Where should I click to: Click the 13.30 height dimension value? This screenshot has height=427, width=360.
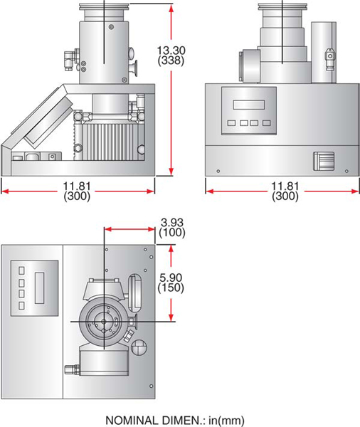click(x=172, y=50)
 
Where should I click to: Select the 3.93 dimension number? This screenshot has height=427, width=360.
click(x=171, y=222)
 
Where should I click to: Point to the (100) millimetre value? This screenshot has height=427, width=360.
click(x=171, y=233)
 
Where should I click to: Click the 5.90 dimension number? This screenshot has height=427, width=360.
click(x=171, y=277)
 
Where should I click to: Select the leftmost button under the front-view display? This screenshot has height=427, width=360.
click(x=231, y=122)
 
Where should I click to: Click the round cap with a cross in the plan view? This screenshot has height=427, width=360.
click(x=140, y=347)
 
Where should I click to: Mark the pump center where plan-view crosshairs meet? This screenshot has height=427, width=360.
click(x=105, y=322)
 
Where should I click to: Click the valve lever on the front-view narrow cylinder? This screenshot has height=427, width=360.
click(x=328, y=54)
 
